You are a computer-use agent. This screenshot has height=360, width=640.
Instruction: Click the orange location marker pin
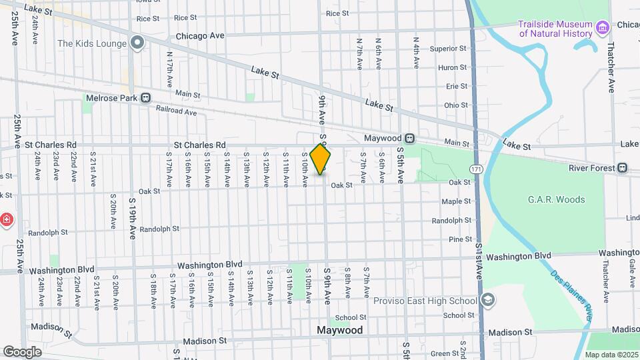(x=321, y=159)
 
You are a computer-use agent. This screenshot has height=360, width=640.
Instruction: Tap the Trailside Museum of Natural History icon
(x=603, y=28)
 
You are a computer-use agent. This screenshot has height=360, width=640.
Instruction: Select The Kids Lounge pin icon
(x=138, y=44)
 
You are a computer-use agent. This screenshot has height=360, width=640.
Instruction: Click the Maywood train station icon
(x=410, y=139)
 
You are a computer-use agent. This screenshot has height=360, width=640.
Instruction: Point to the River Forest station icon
(x=622, y=168)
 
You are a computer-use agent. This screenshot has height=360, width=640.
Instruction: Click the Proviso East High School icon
(x=488, y=300)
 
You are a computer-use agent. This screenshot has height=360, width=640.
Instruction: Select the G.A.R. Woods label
(x=556, y=199)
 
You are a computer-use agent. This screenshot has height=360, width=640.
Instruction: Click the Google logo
(x=22, y=351)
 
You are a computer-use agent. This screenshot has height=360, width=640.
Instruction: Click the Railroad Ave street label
(x=176, y=111)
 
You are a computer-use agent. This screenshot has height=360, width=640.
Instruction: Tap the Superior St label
(x=448, y=49)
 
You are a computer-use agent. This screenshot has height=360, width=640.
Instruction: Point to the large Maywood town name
(x=340, y=331)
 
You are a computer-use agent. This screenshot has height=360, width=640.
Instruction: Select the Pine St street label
(x=461, y=239)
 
